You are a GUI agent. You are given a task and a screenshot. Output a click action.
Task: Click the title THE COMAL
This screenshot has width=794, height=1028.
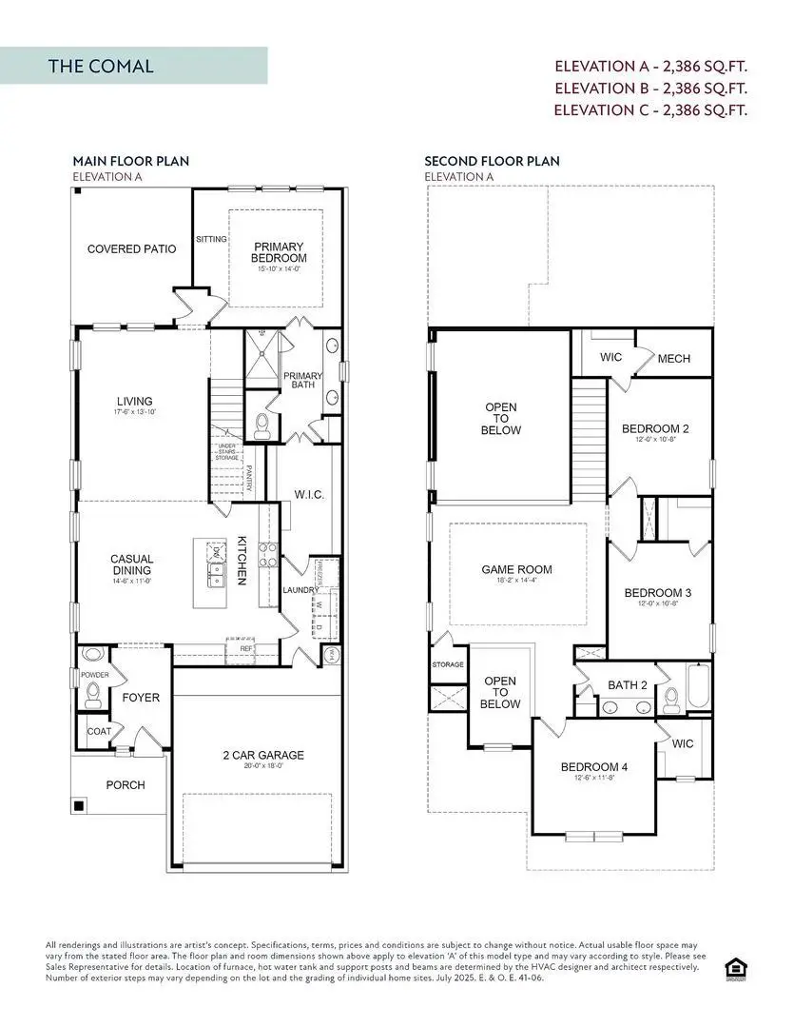(101, 67)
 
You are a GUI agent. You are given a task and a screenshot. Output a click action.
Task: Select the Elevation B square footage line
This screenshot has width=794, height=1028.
(650, 88)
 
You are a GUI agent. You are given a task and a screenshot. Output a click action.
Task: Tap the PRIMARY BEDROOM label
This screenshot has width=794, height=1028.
(279, 252)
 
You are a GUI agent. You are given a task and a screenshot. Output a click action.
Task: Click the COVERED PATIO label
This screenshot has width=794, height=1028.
(131, 249)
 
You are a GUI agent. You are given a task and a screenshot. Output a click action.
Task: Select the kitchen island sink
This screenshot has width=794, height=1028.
(216, 573)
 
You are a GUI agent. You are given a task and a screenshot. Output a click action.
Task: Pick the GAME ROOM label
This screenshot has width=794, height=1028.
(516, 570)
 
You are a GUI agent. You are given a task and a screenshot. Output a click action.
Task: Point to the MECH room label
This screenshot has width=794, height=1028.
(673, 359)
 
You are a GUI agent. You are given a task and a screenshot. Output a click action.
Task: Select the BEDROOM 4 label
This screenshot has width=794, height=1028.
(593, 767)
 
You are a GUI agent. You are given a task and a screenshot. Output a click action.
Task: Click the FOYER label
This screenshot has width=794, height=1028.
(141, 698)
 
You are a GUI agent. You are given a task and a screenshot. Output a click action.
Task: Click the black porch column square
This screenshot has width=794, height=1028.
(80, 806)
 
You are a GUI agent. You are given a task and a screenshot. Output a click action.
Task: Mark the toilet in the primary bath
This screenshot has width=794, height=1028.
(261, 425)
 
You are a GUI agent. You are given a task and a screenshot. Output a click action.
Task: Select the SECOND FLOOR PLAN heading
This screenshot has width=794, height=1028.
(492, 161)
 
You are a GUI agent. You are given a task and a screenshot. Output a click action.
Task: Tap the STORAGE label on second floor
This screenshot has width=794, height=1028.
(447, 664)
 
